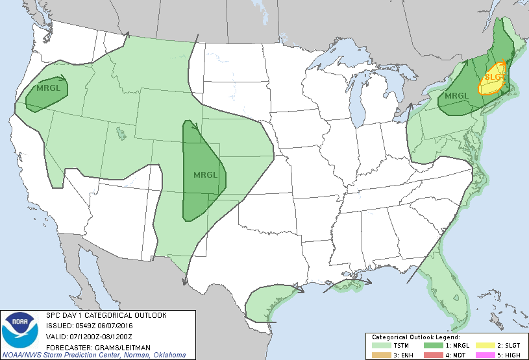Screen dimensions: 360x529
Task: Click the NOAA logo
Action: tap(19, 330)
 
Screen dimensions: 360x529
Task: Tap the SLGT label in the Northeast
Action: tap(494, 78)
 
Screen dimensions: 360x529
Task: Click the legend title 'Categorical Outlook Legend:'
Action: tap(415, 337)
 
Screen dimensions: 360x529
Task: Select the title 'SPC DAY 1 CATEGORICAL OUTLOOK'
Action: tap(106, 315)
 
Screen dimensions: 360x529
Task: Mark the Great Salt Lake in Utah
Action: tap(121, 134)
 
